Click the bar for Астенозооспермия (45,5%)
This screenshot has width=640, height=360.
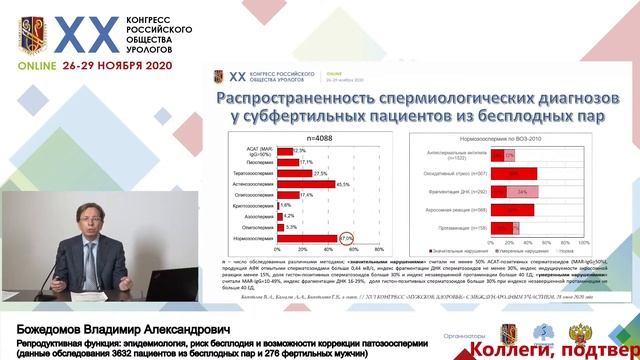pyautogui.click(x=304, y=184)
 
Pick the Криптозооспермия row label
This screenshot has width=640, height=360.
pyautogui.click(x=250, y=205)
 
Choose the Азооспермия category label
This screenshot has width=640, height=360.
pyautogui.click(x=254, y=216)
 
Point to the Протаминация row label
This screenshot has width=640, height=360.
pyautogui.click(x=451, y=229)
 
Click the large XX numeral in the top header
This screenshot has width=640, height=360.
pyautogui.click(x=82, y=36)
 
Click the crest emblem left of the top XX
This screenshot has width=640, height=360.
pyautogui.click(x=27, y=37)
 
